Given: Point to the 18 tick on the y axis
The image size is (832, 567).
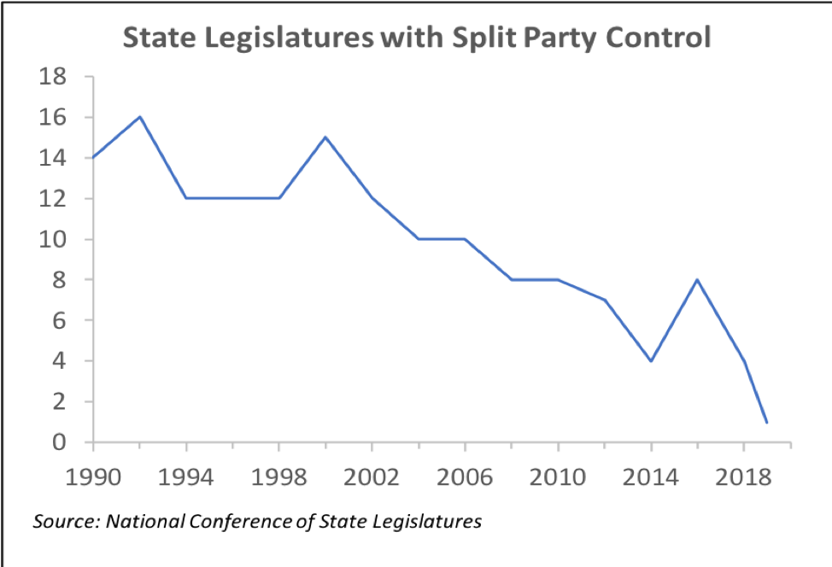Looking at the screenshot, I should coord(53,77).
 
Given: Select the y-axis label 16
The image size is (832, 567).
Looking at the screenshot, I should coord(53,117).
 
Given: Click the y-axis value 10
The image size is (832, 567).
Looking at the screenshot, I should coord(53,239).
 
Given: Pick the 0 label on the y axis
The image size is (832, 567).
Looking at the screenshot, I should coord(61,442).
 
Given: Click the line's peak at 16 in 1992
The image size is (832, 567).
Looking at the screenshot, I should coord(139,117).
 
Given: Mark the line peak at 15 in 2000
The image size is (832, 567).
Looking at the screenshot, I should coord(325,137).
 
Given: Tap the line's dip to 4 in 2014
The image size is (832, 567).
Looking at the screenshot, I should coord(651,360).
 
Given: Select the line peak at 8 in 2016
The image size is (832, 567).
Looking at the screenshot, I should coord(698,279).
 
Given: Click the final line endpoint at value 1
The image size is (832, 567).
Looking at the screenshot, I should coord(767,422).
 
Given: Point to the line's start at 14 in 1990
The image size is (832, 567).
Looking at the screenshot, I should coord(93,158).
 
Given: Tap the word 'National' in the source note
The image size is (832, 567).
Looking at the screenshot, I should coord(141,520).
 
